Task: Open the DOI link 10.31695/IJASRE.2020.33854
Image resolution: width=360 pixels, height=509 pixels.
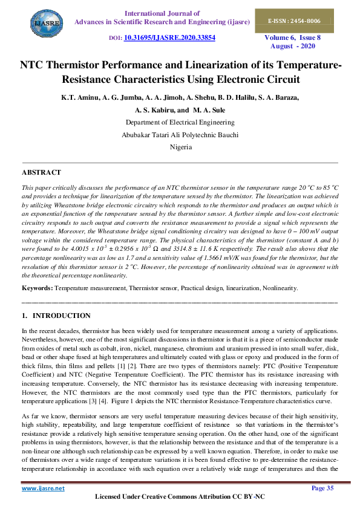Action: pos(169,37)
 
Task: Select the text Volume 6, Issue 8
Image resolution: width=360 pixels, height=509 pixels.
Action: pos(293,37)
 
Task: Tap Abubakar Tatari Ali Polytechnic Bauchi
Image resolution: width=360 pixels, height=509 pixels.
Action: pos(180,135)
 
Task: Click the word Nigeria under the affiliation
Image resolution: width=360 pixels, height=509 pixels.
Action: pos(180,147)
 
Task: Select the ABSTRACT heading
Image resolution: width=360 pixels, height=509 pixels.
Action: pos(41,173)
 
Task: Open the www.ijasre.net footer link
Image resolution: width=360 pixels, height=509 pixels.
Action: pos(43,488)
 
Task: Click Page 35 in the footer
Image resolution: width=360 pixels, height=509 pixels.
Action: pos(322,488)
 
